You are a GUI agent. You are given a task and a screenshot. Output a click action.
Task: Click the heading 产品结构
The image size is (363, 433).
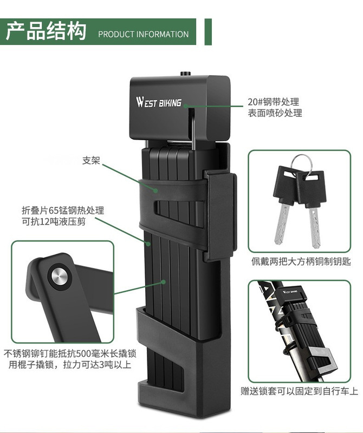pos(46,31)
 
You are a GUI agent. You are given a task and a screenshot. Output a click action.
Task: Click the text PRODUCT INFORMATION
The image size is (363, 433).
pos(143,34)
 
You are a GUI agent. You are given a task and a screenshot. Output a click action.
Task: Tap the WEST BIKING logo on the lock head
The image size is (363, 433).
pos(159,102)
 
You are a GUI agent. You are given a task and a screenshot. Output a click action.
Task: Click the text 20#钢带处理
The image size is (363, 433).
pos(273,102)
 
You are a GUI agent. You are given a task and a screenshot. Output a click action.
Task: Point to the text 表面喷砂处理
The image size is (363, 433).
pos(275,113)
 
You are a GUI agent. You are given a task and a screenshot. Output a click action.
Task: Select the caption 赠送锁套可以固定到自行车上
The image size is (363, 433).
pos(300,391)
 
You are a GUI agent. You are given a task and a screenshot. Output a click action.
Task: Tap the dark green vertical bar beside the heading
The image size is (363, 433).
pos(208,32)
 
